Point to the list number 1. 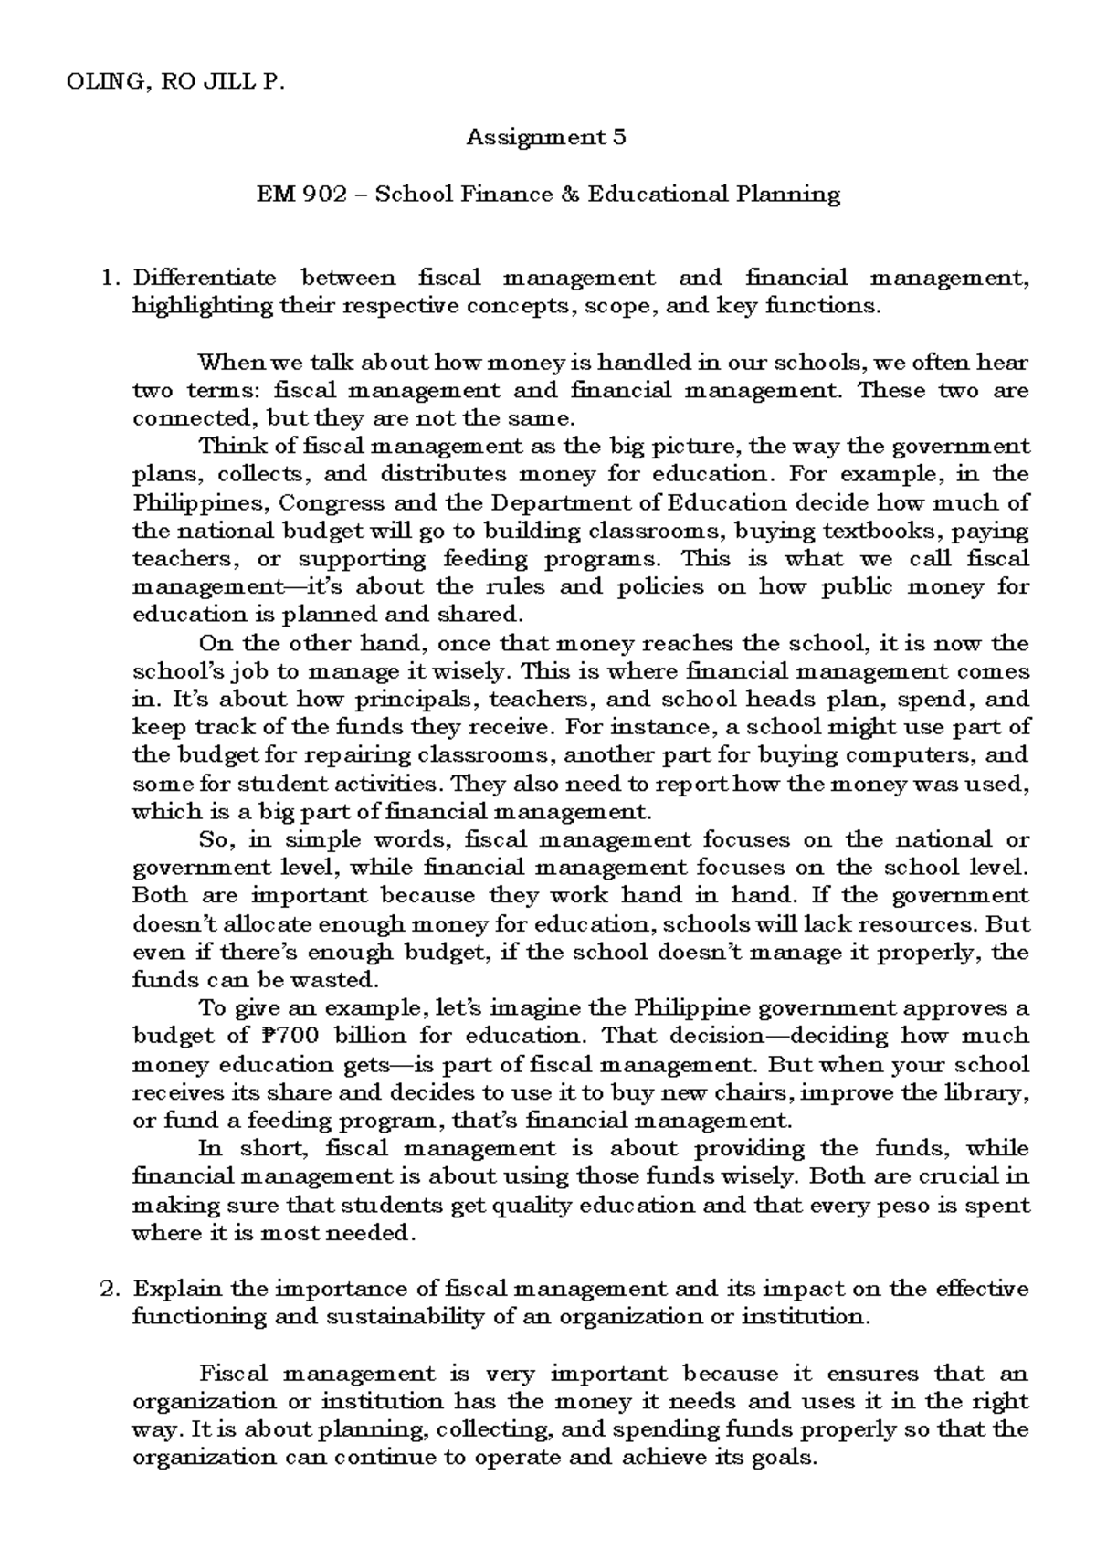tap(111, 277)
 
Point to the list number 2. tap(111, 1289)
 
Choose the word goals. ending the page tap(781, 1457)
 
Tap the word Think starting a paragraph tap(226, 447)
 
